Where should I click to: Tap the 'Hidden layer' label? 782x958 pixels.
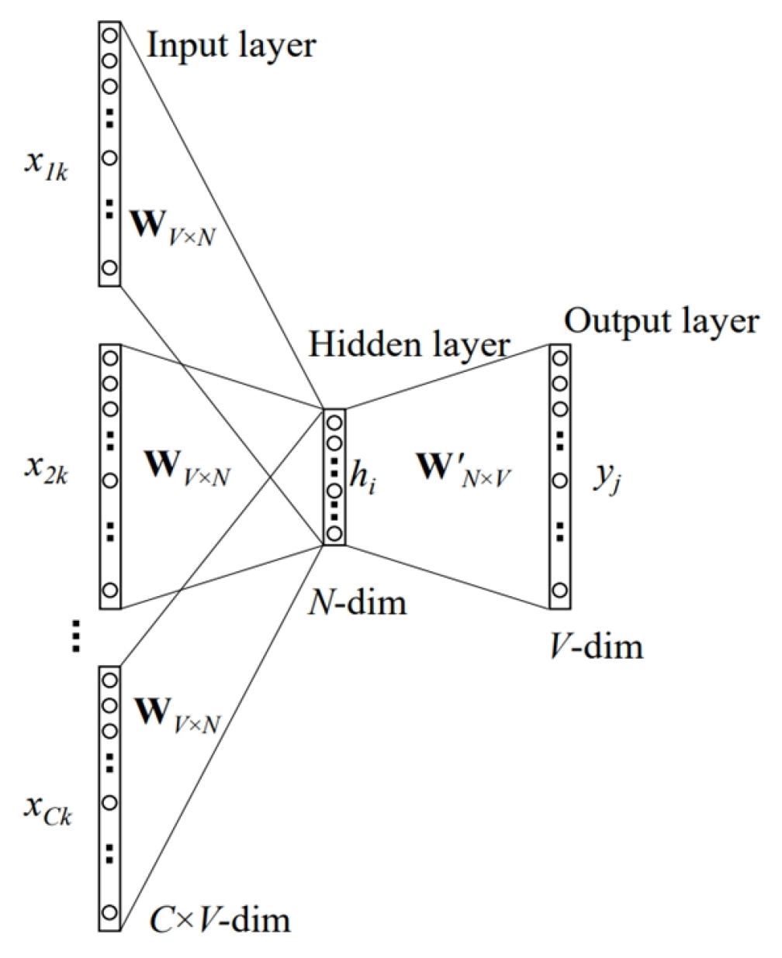click(x=408, y=345)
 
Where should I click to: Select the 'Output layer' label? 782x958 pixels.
click(x=660, y=320)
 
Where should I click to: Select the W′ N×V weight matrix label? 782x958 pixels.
click(x=461, y=473)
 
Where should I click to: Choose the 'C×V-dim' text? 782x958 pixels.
click(x=218, y=920)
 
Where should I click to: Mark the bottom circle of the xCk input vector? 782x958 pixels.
click(x=109, y=912)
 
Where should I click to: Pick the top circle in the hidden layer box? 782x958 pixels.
click(x=334, y=423)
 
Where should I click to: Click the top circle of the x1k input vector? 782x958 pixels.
click(x=109, y=35)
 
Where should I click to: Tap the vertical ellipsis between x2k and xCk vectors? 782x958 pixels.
click(x=75, y=636)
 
